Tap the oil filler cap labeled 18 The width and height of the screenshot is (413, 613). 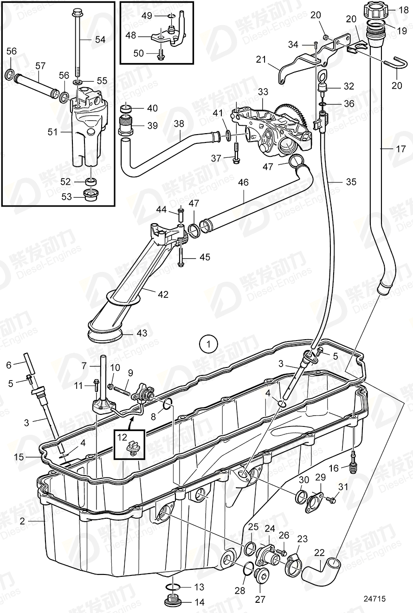click(x=374, y=10)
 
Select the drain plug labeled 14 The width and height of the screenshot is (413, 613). click(x=173, y=602)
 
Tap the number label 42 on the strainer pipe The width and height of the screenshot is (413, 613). click(x=163, y=294)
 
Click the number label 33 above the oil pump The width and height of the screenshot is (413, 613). click(x=263, y=91)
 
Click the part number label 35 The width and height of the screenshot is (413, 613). click(x=351, y=182)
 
